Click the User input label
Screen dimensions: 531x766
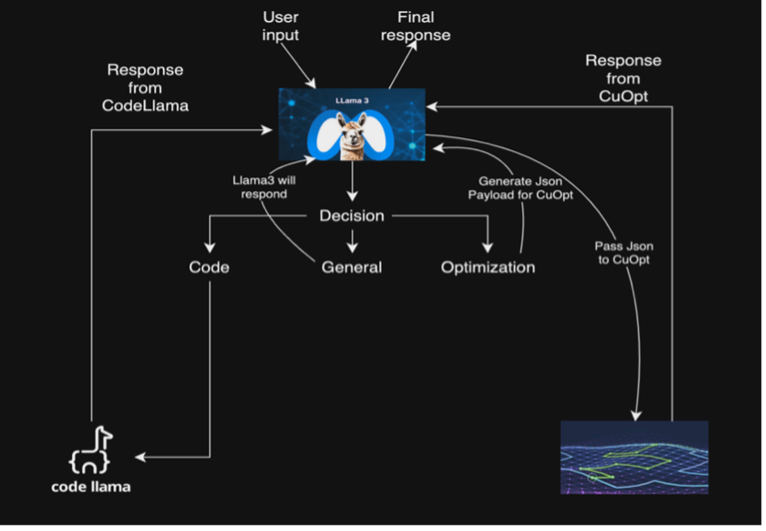tap(281, 26)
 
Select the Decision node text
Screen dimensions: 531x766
tap(352, 216)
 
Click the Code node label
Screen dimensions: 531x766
tap(209, 267)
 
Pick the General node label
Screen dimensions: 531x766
tap(352, 267)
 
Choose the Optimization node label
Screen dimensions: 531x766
tap(488, 267)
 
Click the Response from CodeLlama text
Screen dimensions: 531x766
tap(146, 87)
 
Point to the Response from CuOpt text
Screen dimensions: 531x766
tap(624, 79)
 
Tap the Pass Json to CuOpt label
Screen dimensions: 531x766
tap(624, 253)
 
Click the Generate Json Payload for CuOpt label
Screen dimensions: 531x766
tap(520, 189)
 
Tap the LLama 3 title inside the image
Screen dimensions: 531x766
tap(352, 100)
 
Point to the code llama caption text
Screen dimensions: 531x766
tap(91, 486)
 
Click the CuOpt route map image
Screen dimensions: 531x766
tap(634, 457)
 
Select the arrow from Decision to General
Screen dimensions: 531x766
tap(352, 238)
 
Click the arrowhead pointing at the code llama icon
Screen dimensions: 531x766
tap(139, 457)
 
